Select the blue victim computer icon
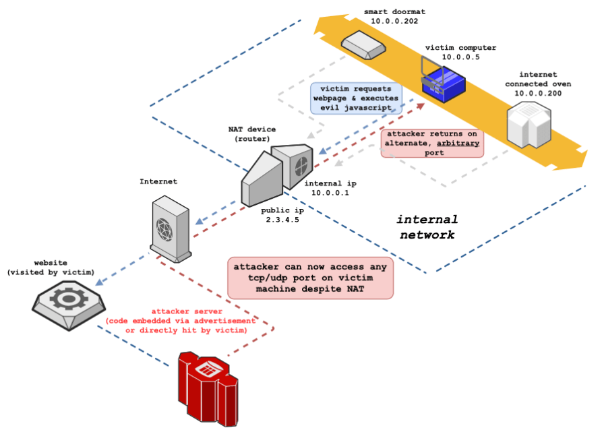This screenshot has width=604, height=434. tap(442, 82)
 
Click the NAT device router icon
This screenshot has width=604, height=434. tap(276, 173)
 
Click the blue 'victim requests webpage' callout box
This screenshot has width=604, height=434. tap(355, 98)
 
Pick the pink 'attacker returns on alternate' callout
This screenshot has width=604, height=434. tap(432, 144)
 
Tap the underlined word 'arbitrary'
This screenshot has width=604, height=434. tap(459, 143)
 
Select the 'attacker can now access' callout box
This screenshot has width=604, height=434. tap(310, 277)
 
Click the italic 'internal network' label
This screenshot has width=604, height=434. tap(427, 227)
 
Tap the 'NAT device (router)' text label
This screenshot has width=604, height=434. tap(252, 133)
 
